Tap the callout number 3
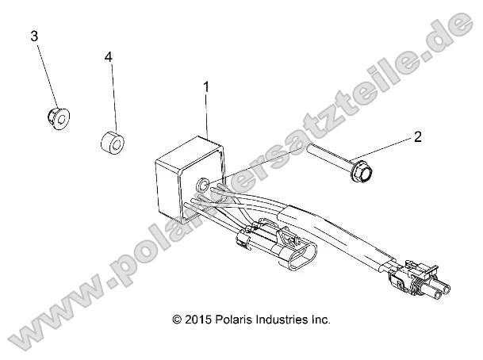point(34,36)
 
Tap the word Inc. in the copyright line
point(322,320)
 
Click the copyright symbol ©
point(177,320)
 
